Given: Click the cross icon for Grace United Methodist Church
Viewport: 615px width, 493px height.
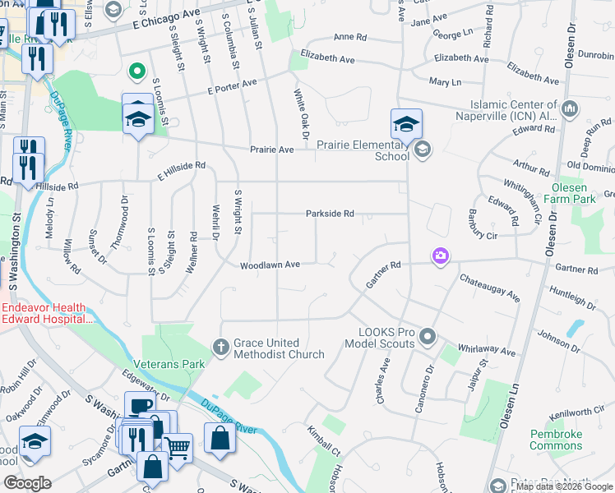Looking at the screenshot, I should [220, 348].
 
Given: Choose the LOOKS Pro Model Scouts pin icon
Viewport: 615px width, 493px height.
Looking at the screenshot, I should [427, 336].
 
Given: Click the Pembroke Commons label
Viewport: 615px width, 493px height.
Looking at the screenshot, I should [556, 440].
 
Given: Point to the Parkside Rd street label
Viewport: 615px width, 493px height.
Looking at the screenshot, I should [330, 214].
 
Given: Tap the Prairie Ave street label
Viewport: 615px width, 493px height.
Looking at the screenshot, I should [272, 150].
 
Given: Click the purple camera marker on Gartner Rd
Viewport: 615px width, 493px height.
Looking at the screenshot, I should [441, 257].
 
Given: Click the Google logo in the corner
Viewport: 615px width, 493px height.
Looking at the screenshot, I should [26, 483].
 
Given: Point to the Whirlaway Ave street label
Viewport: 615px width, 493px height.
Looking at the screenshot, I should [488, 350].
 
